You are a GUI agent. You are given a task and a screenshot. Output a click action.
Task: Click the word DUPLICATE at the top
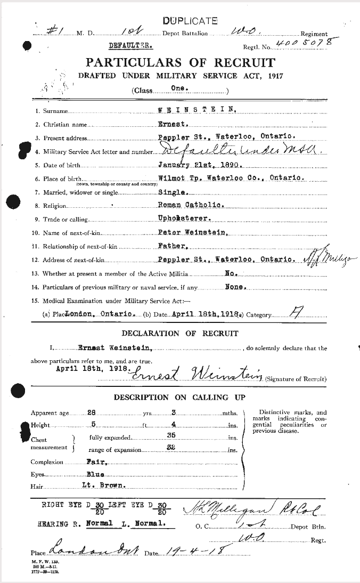(x=190, y=21)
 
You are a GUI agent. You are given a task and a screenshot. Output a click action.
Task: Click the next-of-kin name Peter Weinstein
(x=193, y=232)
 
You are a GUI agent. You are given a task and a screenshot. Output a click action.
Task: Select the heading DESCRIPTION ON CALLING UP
(x=179, y=398)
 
